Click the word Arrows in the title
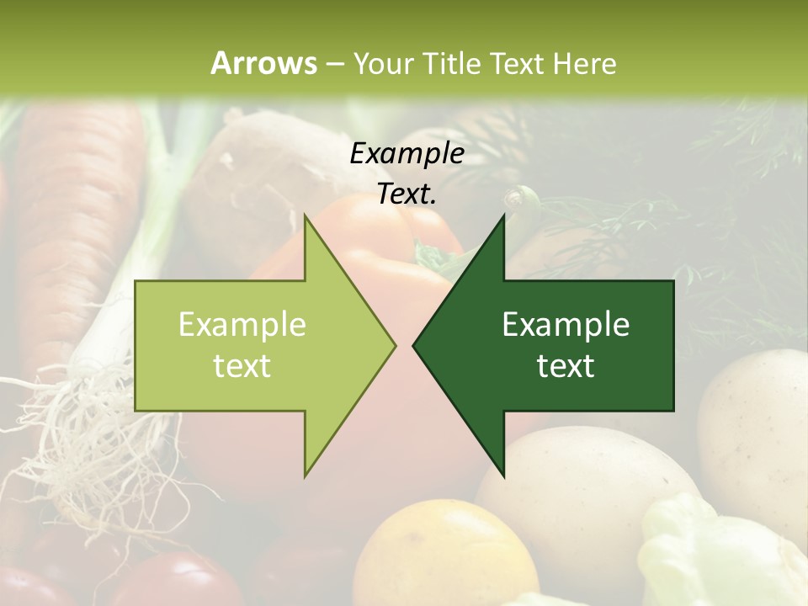tap(263, 63)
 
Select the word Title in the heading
tap(450, 63)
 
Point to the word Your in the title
tap(381, 63)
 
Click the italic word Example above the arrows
tap(407, 153)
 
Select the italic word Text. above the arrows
tap(407, 194)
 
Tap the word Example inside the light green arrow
tap(242, 325)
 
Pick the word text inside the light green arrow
tap(242, 366)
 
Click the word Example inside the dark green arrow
tap(566, 325)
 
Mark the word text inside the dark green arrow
tap(566, 366)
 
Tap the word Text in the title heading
tap(517, 63)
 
